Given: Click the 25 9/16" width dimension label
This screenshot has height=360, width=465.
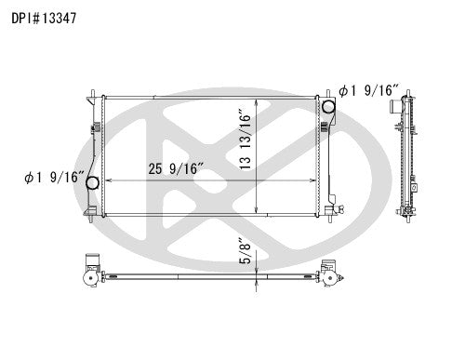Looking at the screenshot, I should (x=175, y=167).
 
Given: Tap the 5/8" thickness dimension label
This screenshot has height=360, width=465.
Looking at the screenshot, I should (x=245, y=252).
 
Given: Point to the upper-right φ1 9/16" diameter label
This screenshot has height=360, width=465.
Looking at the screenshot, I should (x=369, y=91).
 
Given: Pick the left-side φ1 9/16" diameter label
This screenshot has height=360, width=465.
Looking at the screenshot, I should (x=56, y=177).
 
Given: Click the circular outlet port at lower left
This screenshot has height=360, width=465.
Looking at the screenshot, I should (x=93, y=184).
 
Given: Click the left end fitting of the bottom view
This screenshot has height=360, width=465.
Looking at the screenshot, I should (x=89, y=272).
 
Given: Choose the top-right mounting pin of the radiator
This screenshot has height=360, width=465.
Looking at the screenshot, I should (x=326, y=90).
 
